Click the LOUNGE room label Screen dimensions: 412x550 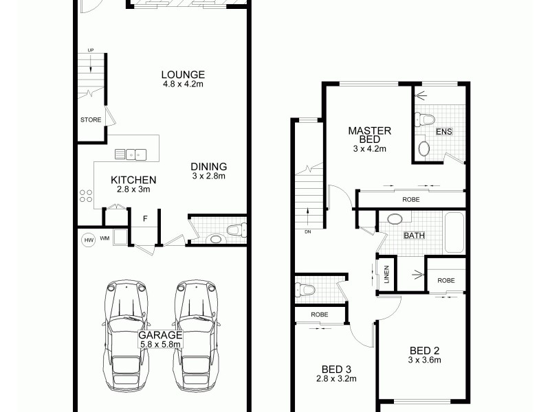coord(183,75)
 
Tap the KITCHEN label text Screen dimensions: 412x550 coord(130,180)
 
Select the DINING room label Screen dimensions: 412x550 coord(208,167)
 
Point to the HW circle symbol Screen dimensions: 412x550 coord(88,240)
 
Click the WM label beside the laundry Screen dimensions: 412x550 coord(104,239)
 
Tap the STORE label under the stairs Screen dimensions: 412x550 coord(91,120)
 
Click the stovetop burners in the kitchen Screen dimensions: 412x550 coord(87,196)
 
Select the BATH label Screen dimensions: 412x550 coord(414,236)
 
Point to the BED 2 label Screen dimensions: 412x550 coord(423,350)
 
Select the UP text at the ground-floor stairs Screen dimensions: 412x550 coord(90,50)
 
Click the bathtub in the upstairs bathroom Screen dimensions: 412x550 coord(455,232)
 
